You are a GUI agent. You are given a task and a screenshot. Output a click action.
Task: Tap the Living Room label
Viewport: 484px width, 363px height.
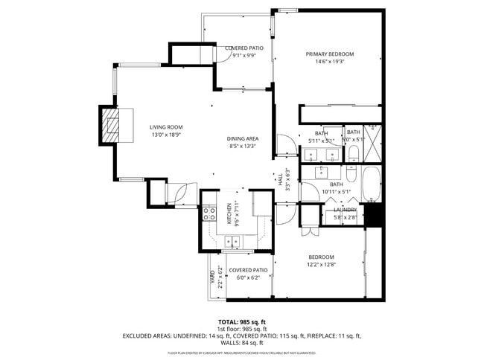[x=165, y=127]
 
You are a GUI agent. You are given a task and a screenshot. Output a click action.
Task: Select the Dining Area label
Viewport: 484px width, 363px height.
[x=243, y=139]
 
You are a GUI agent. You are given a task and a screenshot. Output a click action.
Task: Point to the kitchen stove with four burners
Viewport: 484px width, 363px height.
[x=211, y=216]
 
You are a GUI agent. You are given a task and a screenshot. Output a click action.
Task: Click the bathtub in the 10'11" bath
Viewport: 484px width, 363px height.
[x=372, y=185]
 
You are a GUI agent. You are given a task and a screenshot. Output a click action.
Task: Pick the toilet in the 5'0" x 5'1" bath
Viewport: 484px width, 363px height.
[x=354, y=154]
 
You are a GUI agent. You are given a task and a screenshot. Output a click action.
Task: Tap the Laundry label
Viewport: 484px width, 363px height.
[x=345, y=211]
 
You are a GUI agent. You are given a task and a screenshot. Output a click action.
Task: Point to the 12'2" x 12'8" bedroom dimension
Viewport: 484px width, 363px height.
[x=322, y=264]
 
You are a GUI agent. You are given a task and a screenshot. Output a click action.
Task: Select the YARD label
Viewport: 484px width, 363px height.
[x=212, y=276]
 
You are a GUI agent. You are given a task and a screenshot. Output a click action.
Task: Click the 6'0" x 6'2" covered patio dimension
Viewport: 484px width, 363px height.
[x=248, y=277]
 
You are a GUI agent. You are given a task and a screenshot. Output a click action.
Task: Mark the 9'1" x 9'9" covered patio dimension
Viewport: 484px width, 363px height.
[x=244, y=55]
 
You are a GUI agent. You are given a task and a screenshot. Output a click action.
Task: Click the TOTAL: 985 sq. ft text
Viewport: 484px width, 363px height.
[x=242, y=322]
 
